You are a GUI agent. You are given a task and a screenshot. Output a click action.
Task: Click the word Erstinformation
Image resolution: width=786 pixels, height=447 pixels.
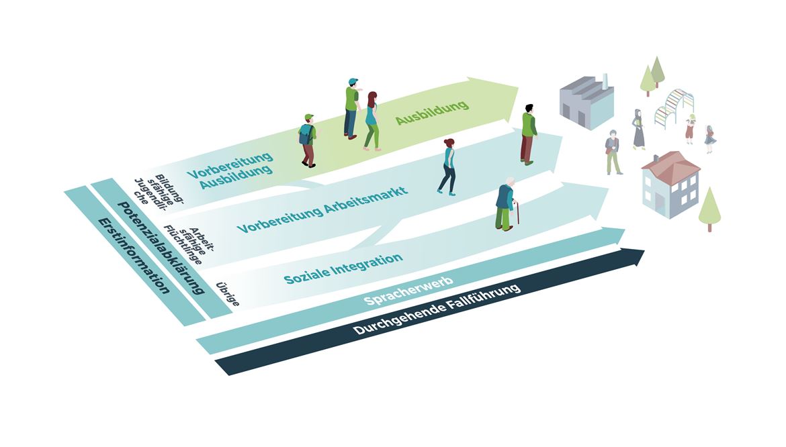[x=133, y=256]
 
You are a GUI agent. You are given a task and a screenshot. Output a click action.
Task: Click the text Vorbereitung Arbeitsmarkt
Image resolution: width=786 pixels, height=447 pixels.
[x=322, y=209]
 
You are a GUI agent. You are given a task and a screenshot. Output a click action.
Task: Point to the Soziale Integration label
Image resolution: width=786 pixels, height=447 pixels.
[x=343, y=268]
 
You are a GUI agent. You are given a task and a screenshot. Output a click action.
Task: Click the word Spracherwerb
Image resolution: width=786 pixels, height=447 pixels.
[x=408, y=291]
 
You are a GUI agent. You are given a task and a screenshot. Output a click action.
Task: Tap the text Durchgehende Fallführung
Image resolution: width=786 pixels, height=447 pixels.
[x=437, y=310]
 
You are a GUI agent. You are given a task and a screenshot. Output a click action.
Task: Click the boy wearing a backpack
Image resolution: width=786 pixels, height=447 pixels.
[x=308, y=141]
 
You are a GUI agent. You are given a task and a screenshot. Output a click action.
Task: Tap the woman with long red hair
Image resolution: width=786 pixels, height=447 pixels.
[x=372, y=121]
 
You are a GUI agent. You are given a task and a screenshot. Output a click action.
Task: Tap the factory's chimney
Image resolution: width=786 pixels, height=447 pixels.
[x=605, y=82]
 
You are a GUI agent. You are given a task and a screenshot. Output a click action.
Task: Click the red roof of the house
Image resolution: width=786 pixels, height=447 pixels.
[x=670, y=164]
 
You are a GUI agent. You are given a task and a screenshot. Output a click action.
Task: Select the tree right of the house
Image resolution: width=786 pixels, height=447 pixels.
[x=709, y=209]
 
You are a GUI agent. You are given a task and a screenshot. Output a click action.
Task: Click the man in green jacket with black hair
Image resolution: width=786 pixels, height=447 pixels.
[x=527, y=134]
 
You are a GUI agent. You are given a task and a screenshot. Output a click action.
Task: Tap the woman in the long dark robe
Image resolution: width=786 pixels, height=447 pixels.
[x=638, y=129]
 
